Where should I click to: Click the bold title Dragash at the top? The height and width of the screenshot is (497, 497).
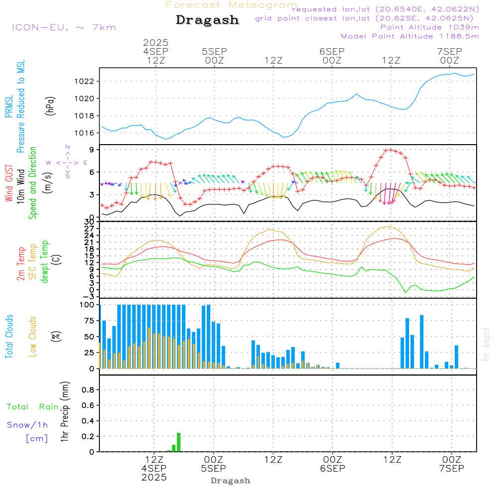click(x=207, y=20)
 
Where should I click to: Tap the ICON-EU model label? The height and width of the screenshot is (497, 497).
click(x=64, y=27)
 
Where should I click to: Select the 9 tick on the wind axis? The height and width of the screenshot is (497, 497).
click(x=93, y=150)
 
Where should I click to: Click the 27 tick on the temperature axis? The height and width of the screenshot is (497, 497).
click(x=91, y=229)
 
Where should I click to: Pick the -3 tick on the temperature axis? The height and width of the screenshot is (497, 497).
click(x=91, y=296)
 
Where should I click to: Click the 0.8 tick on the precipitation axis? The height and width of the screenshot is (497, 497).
click(x=88, y=390)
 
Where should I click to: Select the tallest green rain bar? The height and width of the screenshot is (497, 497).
click(x=178, y=442)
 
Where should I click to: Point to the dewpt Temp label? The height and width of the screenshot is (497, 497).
click(x=45, y=262)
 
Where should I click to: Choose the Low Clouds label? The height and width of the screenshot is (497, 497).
click(x=33, y=336)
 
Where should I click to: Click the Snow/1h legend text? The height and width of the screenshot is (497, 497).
click(x=28, y=425)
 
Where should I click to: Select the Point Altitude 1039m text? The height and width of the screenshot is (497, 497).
click(x=429, y=27)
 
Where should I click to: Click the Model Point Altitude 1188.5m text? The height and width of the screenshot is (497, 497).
click(x=410, y=36)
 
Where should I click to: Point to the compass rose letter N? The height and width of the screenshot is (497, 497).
click(x=68, y=147)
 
